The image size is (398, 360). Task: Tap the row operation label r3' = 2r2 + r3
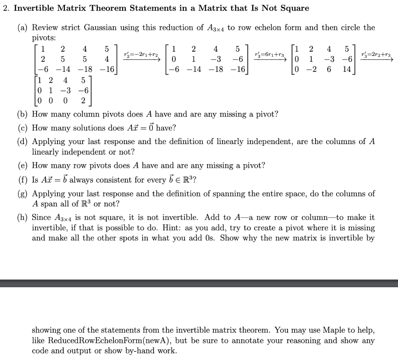click(375, 55)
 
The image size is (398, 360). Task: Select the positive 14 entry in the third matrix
click(347, 69)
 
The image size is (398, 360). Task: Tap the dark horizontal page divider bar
click(199, 283)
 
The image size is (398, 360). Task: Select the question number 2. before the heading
click(5, 8)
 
